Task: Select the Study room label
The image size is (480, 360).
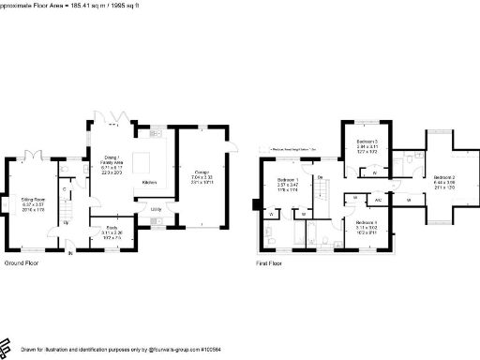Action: point(111,225)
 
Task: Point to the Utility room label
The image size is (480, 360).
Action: point(156,209)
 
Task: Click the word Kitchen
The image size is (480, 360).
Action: point(149,182)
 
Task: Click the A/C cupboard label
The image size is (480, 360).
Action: point(379,200)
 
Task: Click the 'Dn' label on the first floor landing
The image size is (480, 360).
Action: point(320,177)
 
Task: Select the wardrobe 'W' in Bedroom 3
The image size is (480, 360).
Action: point(375,172)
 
